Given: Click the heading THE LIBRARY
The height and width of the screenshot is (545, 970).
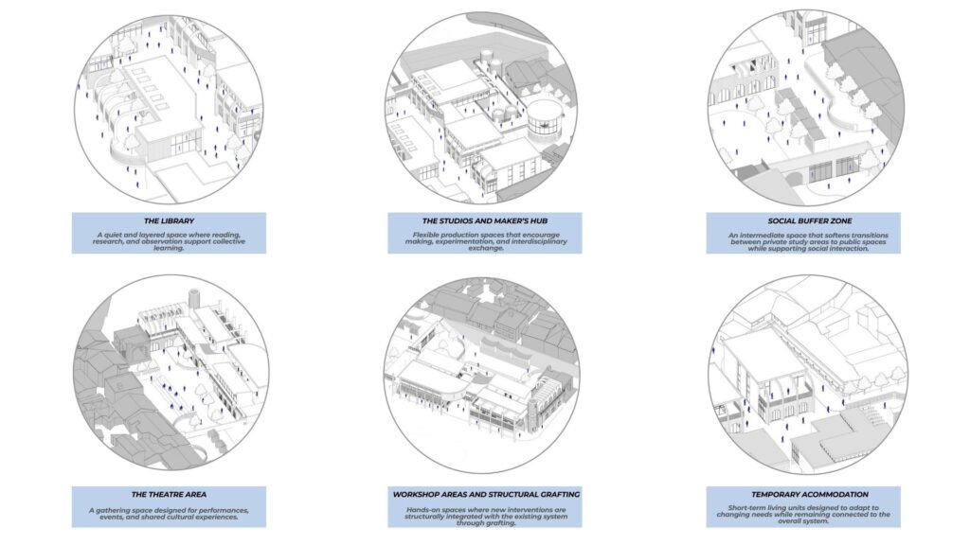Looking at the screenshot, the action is tap(169, 220).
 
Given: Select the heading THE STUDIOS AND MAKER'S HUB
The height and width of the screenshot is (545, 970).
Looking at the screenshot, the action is tap(484, 220).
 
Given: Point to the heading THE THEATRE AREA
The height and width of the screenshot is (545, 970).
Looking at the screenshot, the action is tap(169, 494).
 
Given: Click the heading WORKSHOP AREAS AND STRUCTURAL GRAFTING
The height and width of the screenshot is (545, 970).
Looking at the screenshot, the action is tap(486, 494).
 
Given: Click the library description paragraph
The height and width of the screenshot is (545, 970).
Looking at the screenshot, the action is tap(169, 241).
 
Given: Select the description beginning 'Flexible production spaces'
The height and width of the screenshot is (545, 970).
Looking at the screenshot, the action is tap(486, 241).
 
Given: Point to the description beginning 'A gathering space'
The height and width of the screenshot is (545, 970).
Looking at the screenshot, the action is tap(169, 514).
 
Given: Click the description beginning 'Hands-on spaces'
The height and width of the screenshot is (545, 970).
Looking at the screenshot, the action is tap(486, 516).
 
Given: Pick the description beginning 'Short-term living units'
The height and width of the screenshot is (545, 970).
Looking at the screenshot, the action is tap(803, 514).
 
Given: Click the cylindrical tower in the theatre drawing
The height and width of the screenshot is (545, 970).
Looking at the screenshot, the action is tap(194, 298).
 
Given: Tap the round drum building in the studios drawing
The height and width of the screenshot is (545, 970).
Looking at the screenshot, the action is tap(545, 123).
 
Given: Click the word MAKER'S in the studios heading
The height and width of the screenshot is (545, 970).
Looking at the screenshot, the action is tap(508, 220).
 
